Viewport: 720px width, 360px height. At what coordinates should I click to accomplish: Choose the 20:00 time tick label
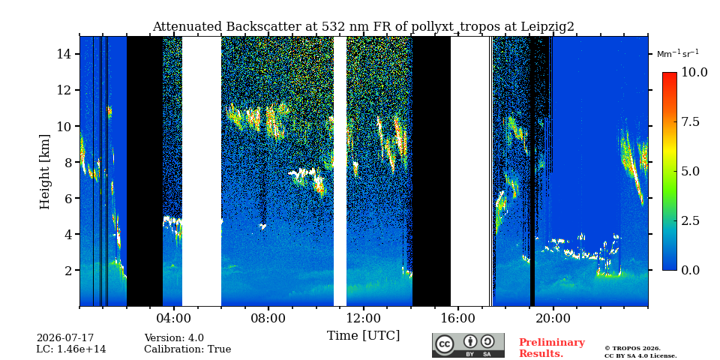point(553,318)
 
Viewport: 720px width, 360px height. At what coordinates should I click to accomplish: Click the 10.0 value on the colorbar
point(694,73)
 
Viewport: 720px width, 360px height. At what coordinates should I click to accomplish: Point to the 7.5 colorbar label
point(690,122)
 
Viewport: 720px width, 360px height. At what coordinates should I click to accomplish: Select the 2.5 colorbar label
point(690,220)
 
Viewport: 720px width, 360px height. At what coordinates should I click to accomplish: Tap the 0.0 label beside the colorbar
point(690,270)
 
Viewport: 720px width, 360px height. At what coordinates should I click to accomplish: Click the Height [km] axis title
point(44,171)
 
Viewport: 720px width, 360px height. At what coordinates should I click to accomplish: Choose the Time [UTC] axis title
point(363,335)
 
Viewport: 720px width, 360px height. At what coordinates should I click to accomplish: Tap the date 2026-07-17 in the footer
point(65,338)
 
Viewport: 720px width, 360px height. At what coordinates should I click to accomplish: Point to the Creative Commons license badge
point(468,345)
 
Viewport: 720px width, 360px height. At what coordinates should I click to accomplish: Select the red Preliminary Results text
point(552,348)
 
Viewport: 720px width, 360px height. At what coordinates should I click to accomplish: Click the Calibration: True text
point(187,349)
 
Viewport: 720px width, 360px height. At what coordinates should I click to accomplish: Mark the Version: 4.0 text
point(174,338)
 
